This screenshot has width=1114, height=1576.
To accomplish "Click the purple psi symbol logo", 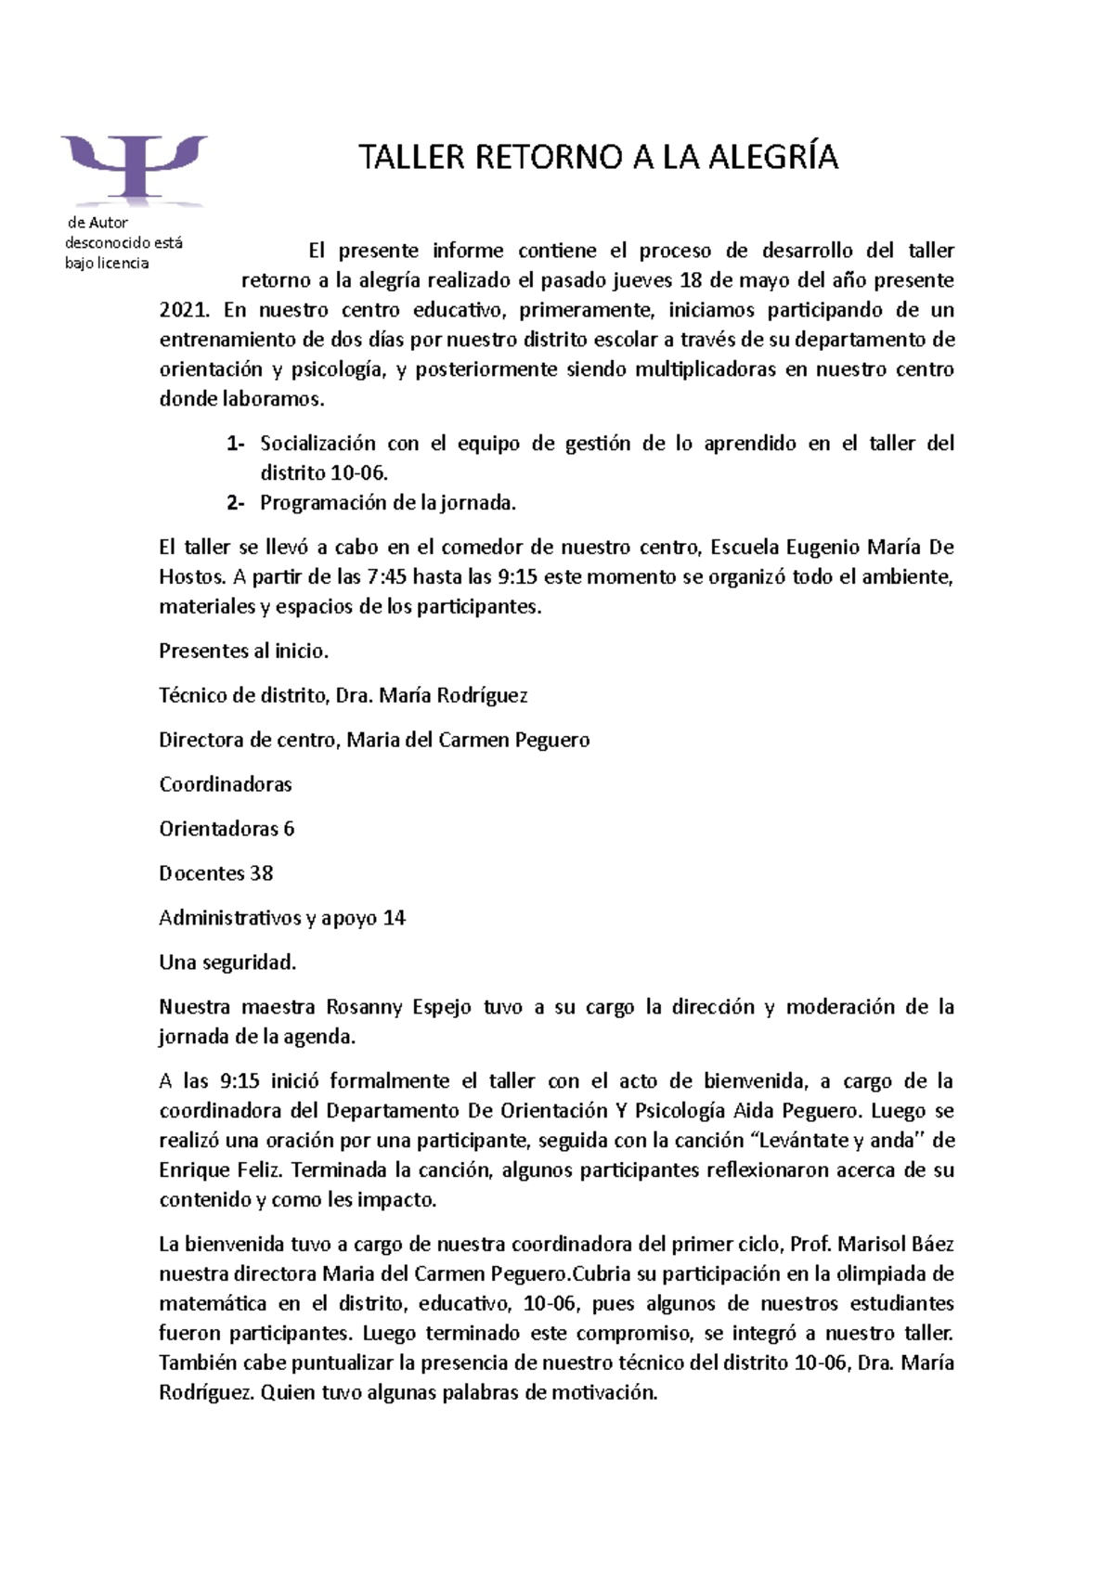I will pyautogui.click(x=135, y=167).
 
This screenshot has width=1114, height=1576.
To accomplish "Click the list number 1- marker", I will pyautogui.click(x=235, y=444).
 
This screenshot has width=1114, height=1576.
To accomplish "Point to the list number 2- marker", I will pyautogui.click(x=235, y=503).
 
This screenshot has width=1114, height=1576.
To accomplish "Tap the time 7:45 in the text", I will pyautogui.click(x=386, y=577).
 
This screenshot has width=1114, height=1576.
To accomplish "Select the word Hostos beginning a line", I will pyautogui.click(x=191, y=577).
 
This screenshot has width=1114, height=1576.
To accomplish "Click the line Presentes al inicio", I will pyautogui.click(x=243, y=652).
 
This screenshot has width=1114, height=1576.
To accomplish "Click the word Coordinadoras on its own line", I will pyautogui.click(x=225, y=785).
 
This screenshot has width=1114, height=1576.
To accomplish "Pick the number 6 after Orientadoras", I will pyautogui.click(x=289, y=830).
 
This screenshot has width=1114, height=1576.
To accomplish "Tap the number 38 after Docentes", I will pyautogui.click(x=262, y=874).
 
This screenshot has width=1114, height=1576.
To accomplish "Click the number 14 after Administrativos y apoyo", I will pyautogui.click(x=394, y=919).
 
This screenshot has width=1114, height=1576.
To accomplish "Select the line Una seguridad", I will pyautogui.click(x=227, y=963).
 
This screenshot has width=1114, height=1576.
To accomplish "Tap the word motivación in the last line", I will pyautogui.click(x=603, y=1393).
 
